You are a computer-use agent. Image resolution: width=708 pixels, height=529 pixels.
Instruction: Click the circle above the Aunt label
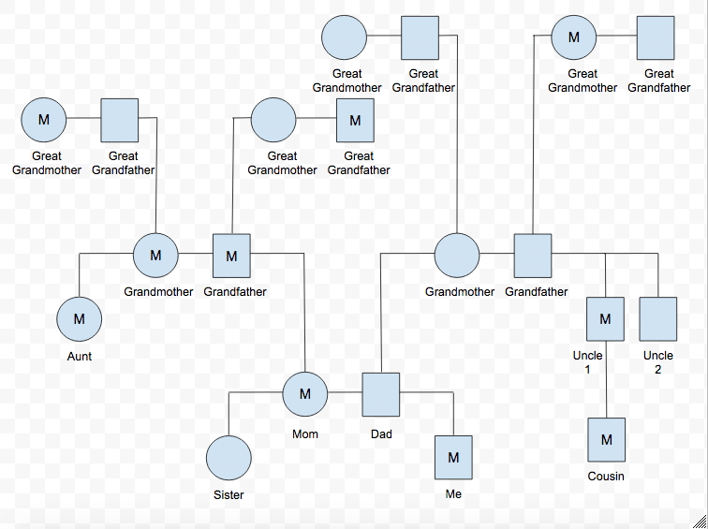[80, 318]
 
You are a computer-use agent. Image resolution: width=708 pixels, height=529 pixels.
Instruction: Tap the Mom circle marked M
[305, 394]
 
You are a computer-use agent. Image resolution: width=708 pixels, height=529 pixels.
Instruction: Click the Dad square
[381, 393]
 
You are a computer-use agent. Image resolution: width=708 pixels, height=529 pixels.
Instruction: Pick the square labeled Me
[453, 458]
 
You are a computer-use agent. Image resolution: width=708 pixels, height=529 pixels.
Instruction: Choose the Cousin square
[606, 439]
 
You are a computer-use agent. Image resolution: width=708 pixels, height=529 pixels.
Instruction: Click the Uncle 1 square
[605, 318]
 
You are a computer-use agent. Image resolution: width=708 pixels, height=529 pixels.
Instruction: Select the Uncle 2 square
[658, 318]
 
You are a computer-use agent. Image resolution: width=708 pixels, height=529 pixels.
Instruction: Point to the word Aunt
[80, 357]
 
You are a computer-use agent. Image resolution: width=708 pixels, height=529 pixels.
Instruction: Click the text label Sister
[229, 495]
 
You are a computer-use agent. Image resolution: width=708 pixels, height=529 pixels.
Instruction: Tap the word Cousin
[606, 477]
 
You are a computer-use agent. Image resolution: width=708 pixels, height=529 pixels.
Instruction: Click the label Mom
[305, 434]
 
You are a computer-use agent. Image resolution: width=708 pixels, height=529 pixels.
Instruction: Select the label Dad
[381, 434]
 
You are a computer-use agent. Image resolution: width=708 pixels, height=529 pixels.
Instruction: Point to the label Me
[453, 494]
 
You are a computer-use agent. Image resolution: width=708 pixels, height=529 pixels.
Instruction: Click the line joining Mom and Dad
[345, 393]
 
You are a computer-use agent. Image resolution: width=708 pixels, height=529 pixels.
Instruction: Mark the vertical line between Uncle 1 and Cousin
[606, 393]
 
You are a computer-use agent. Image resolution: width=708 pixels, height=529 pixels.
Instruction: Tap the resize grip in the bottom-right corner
[700, 521]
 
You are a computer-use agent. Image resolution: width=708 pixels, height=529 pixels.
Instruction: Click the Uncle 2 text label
[658, 362]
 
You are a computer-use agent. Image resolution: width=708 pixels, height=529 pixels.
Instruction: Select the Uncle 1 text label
[588, 362]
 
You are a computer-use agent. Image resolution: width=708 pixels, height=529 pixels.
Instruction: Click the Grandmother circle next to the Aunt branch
[156, 255]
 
